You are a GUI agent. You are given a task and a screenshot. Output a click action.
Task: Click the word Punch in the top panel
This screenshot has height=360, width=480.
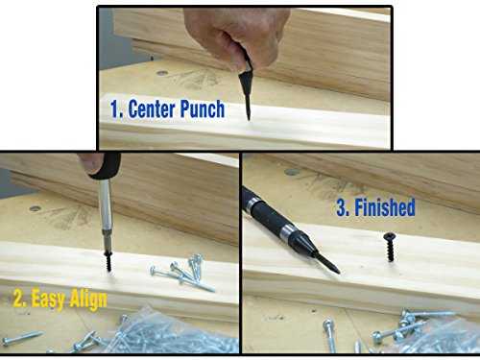[203, 109]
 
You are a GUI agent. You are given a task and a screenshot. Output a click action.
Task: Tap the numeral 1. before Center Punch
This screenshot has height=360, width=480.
[116, 109]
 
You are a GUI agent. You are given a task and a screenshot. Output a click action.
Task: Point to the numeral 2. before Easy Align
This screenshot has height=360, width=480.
[20, 300]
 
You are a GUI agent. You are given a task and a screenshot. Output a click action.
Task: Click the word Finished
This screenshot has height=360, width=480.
[385, 207]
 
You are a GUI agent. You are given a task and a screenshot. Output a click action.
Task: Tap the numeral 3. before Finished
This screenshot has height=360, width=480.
[343, 207]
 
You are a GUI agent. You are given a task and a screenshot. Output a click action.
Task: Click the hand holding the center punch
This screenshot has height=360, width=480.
[236, 36]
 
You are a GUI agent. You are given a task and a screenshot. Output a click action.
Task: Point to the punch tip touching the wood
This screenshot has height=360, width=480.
[249, 119]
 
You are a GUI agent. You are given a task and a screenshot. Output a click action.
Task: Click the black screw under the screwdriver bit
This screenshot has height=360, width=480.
[108, 261]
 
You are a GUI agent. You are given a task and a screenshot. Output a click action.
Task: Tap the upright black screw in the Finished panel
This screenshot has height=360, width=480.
[390, 247]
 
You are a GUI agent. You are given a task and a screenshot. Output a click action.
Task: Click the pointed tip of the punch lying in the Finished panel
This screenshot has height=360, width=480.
[339, 272]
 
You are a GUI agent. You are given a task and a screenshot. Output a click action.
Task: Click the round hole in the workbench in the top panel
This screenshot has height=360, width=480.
[162, 73]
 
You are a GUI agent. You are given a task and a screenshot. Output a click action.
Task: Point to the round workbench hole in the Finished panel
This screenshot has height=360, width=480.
[292, 172]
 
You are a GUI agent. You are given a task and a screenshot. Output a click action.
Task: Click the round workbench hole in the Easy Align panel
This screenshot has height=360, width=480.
[35, 209]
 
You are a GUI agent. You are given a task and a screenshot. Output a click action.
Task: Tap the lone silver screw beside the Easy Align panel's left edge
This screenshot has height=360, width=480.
[22, 338]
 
